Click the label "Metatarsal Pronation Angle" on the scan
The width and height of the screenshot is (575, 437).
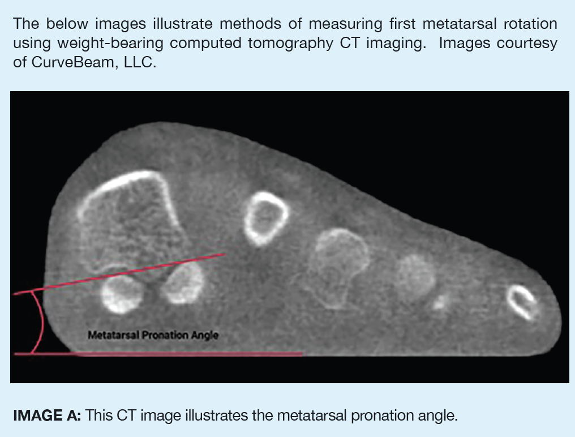pos(153,335)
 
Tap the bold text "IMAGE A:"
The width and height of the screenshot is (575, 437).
pos(48,416)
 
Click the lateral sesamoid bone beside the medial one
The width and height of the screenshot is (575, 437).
pos(182,282)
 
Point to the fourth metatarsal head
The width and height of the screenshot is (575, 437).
pos(415,276)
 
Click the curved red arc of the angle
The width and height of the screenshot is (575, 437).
pos(41,323)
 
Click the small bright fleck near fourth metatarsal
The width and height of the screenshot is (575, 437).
pos(439,303)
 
